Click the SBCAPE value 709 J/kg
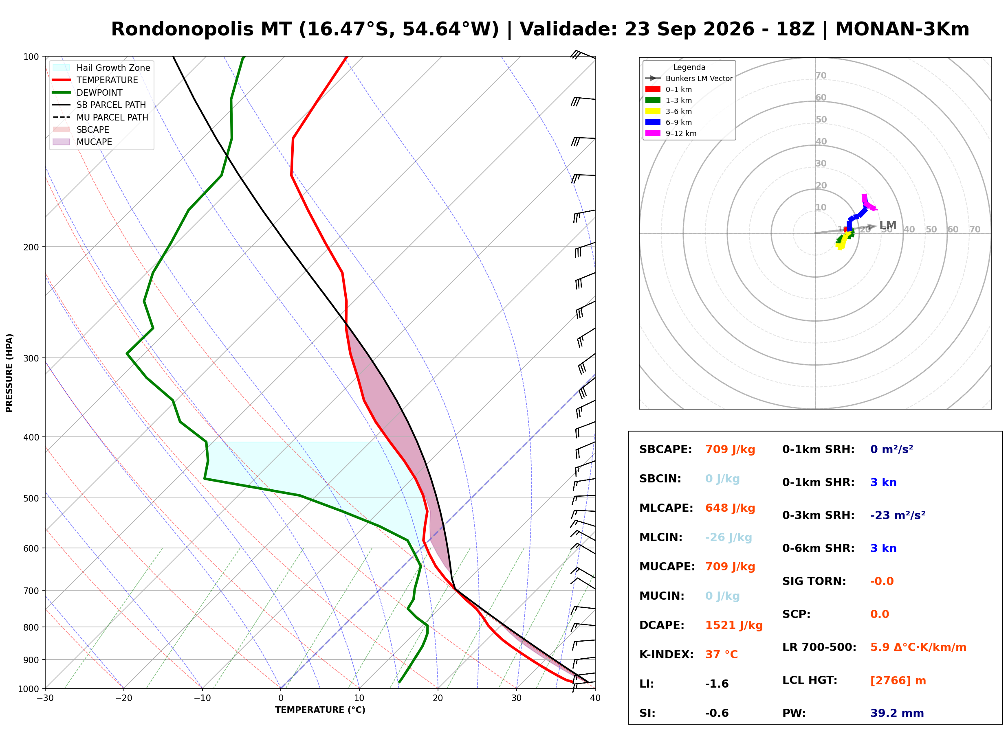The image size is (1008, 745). click(730, 449)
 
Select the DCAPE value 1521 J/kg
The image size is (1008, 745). click(734, 625)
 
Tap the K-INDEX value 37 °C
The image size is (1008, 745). click(722, 655)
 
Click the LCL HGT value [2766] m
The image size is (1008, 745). click(898, 681)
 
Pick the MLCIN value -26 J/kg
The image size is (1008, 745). click(728, 537)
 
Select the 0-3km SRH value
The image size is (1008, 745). click(898, 515)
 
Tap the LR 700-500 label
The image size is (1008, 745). click(819, 648)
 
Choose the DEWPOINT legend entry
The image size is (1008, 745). click(88, 92)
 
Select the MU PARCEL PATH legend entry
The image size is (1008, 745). click(100, 117)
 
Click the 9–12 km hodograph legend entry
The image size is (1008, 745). click(671, 134)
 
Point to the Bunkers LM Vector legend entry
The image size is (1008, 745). click(689, 79)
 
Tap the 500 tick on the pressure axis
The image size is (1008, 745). click(32, 498)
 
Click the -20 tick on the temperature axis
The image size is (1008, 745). click(123, 698)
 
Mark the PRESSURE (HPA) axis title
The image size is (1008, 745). click(9, 373)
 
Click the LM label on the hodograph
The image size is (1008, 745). click(887, 226)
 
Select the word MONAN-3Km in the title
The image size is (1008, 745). click(902, 29)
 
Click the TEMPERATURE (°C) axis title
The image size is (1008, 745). click(320, 710)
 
